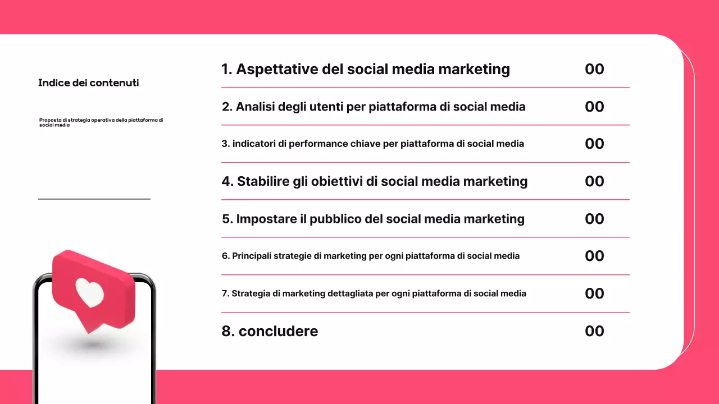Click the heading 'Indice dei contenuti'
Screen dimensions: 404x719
coord(88,83)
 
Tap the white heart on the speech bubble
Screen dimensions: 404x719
coord(90,292)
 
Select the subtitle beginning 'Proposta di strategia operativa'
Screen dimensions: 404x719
coord(101,122)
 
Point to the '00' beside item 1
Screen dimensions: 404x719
coord(594,69)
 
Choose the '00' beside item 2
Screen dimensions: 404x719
coord(594,107)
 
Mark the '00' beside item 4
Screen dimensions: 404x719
coord(594,181)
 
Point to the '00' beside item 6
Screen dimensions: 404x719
coord(594,256)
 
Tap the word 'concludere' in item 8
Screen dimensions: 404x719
coord(278,331)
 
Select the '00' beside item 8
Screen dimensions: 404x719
coord(594,331)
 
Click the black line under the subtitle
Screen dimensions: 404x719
coord(94,199)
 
